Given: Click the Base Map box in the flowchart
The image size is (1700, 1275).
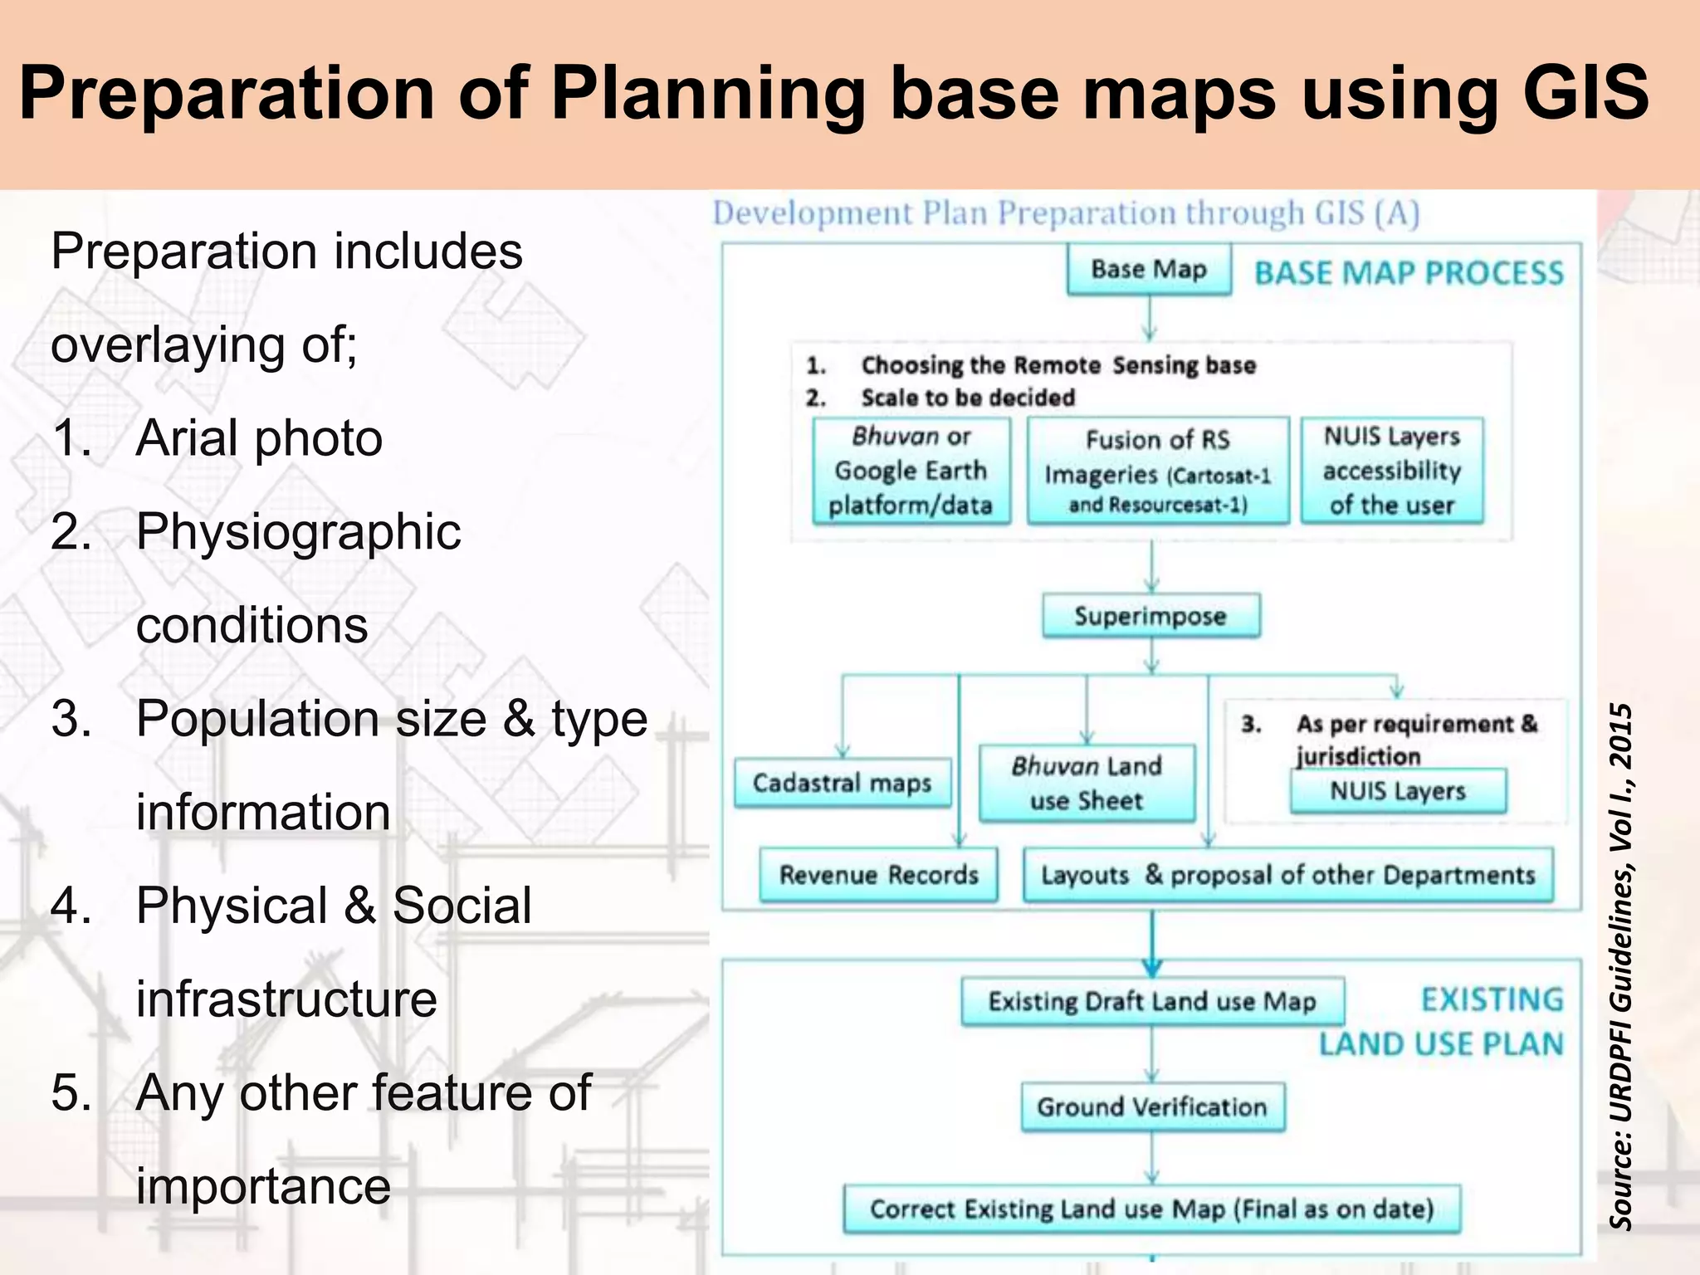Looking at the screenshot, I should [x=1149, y=270].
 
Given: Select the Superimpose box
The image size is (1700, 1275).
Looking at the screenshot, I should [x=1150, y=616].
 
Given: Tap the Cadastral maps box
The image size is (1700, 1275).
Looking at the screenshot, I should [x=842, y=783].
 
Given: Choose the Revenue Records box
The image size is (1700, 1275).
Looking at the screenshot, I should [x=878, y=875].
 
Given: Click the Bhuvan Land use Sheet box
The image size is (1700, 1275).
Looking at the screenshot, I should [x=1087, y=784].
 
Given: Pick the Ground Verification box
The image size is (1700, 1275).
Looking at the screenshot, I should [x=1152, y=1106].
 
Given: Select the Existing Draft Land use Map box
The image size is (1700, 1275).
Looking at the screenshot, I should [x=1152, y=1002].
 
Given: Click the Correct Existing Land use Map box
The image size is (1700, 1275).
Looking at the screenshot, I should [x=1151, y=1209].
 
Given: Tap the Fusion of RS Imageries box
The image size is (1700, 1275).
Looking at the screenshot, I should [x=1158, y=471].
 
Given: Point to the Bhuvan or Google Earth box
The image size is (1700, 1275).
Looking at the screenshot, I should [x=911, y=471].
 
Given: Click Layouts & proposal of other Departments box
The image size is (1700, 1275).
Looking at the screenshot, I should [x=1287, y=875].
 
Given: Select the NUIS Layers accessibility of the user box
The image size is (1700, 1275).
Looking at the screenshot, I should [x=1392, y=471].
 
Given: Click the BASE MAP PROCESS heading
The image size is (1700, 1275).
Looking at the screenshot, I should [x=1409, y=273].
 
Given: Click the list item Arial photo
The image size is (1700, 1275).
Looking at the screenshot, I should [x=259, y=437].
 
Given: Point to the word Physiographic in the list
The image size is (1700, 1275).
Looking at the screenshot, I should [x=298, y=531].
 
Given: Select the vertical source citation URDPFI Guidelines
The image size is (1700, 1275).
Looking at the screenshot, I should [x=1620, y=966].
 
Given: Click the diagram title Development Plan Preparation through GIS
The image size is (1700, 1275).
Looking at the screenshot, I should [x=1066, y=213].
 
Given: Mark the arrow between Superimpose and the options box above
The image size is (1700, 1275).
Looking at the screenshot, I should [x=1151, y=568].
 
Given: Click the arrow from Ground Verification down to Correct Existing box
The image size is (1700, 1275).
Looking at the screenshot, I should [x=1152, y=1158].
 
